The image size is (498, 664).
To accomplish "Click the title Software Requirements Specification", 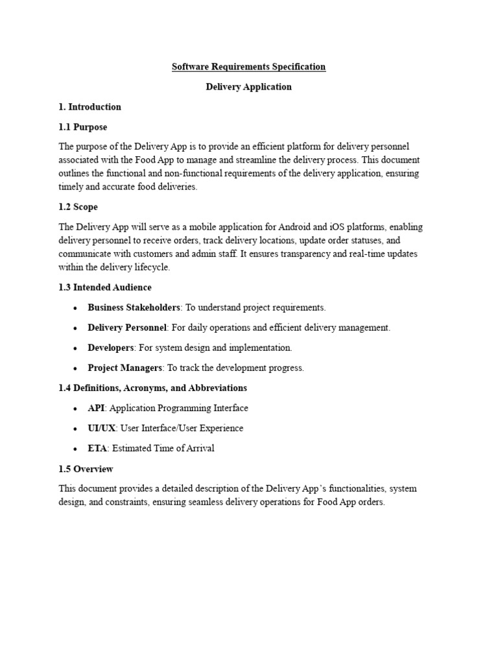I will click(248, 67).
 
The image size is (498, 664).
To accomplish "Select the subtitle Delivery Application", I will click(248, 87).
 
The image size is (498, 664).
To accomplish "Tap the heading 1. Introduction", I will click(89, 107).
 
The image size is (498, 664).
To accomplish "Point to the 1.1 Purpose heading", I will click(82, 127).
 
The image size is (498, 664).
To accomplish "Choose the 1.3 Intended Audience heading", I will click(105, 287).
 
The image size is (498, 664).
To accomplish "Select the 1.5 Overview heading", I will click(86, 469).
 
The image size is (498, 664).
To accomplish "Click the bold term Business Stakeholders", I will click(134, 307).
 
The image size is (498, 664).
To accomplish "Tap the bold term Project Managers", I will click(124, 368).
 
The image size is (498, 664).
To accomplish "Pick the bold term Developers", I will click(111, 348).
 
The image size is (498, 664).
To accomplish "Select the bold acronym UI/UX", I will click(102, 428).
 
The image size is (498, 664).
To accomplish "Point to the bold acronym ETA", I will click(97, 448).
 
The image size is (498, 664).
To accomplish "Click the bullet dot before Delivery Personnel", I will click(77, 328).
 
